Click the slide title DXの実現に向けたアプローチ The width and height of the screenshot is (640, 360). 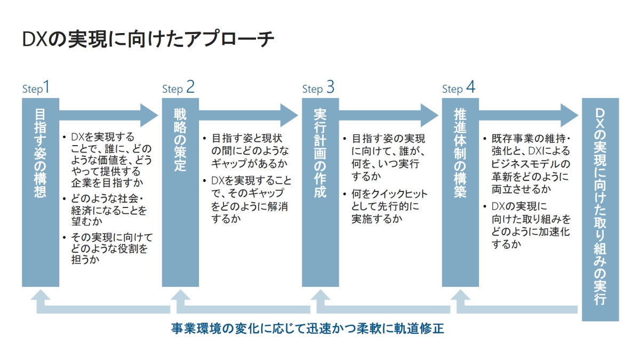click(x=149, y=40)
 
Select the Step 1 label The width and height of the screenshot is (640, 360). click(x=36, y=88)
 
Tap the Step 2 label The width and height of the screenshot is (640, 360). click(x=178, y=88)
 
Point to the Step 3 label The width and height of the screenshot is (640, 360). click(x=318, y=88)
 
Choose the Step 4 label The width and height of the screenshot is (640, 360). click(x=458, y=88)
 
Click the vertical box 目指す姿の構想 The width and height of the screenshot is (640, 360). click(x=40, y=192)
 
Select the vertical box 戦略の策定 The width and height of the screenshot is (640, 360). click(x=180, y=192)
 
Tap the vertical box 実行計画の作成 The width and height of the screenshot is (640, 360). click(x=320, y=192)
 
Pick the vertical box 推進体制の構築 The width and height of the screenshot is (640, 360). click(x=460, y=192)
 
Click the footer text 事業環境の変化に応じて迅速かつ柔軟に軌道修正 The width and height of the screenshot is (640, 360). click(x=308, y=328)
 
